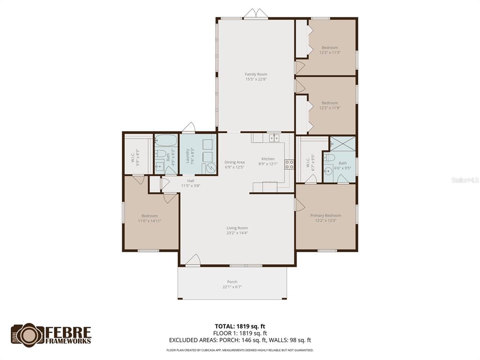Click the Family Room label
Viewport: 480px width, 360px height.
256,74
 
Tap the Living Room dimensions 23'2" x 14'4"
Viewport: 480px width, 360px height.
237,232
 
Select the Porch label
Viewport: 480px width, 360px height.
232,282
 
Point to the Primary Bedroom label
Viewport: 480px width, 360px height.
325,215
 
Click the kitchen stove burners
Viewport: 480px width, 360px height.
289,165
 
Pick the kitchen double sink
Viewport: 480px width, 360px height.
274,138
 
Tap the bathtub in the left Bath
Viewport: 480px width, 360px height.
166,141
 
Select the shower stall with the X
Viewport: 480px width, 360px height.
343,143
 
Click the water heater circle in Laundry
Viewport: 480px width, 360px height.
210,168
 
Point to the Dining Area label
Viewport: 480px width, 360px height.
234,162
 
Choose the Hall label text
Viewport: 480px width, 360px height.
191,180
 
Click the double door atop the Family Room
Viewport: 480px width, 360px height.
255,14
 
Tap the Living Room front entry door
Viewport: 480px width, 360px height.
193,260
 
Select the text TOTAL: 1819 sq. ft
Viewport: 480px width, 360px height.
240,326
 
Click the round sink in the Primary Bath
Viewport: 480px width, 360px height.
328,171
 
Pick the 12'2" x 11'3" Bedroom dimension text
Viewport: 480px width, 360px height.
330,52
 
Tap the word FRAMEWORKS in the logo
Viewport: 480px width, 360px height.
68,341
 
